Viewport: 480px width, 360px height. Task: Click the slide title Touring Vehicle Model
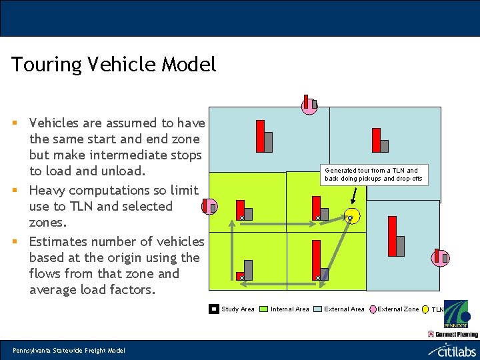[113, 65]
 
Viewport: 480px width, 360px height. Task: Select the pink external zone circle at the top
[309, 105]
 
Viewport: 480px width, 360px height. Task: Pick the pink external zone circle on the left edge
[209, 207]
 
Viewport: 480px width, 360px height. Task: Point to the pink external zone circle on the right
[440, 257]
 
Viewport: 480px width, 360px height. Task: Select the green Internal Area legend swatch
[263, 309]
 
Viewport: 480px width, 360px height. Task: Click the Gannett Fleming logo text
[457, 333]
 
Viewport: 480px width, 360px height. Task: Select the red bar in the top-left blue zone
[261, 136]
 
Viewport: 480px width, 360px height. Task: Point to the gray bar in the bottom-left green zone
[248, 269]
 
